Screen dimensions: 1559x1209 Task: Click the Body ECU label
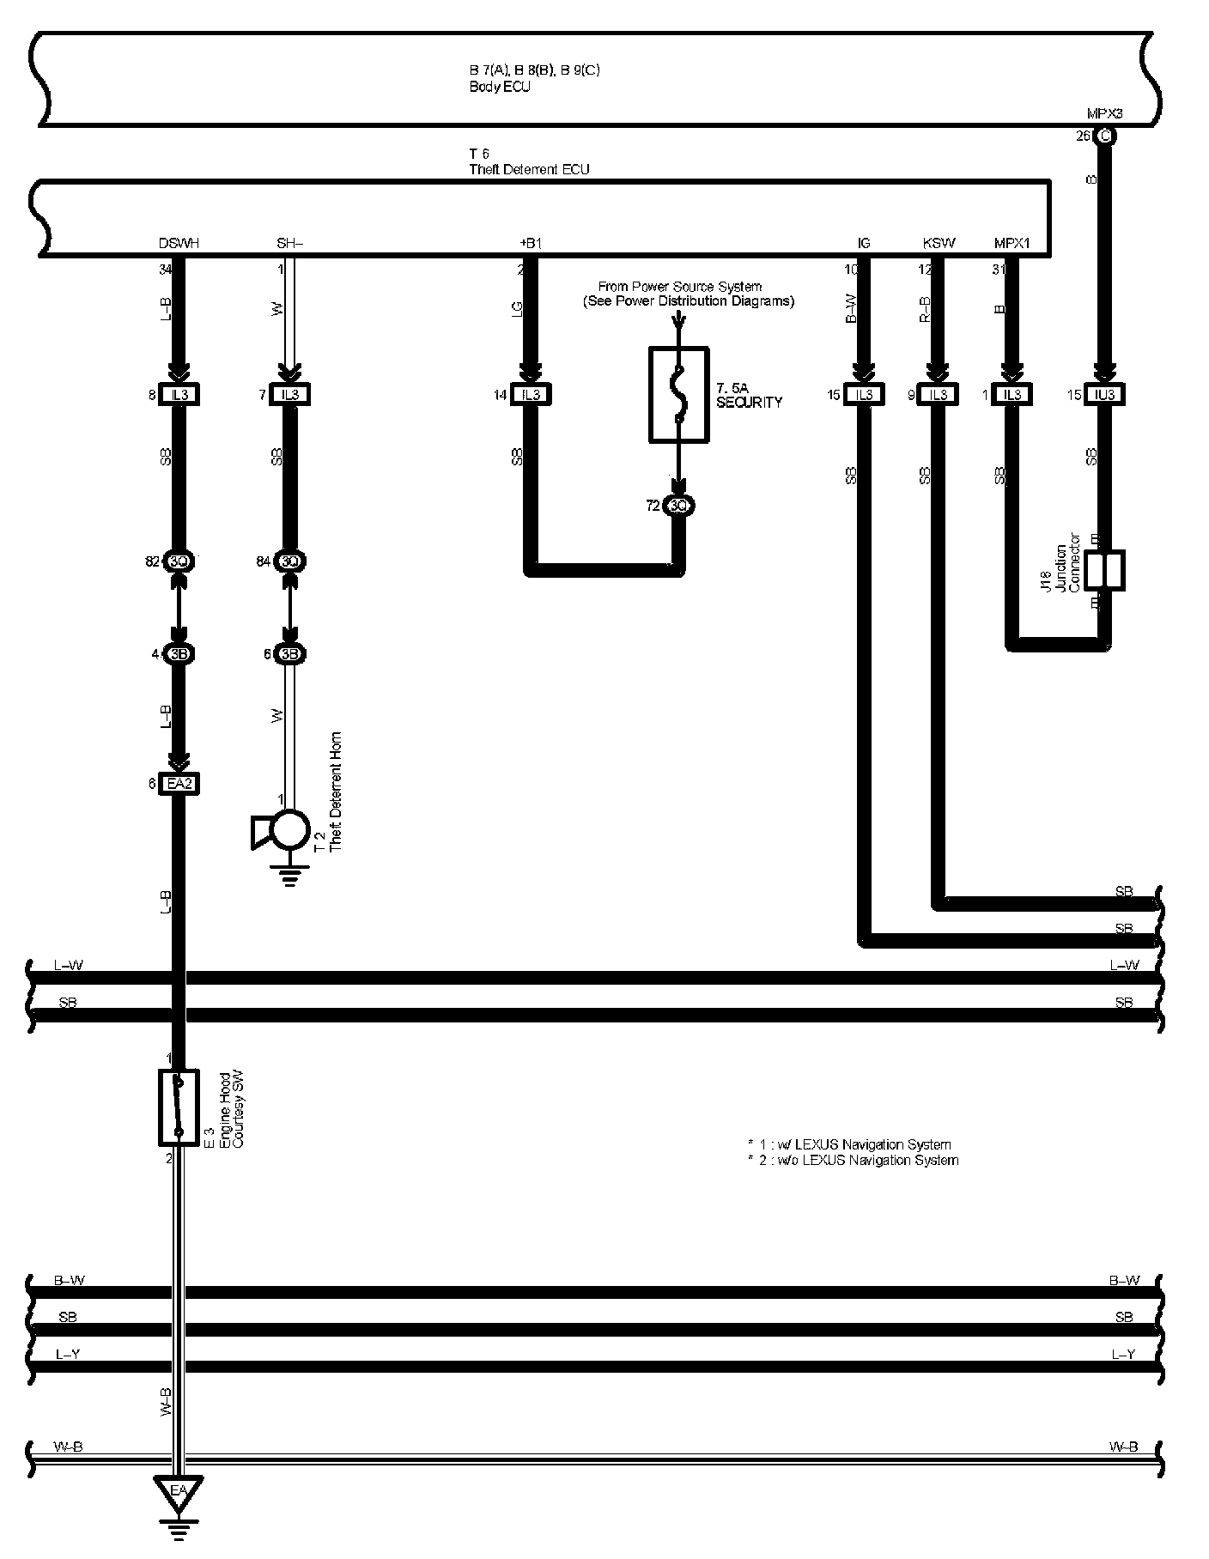coord(500,87)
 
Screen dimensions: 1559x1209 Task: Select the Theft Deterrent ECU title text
coord(529,169)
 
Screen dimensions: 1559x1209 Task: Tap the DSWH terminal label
coord(179,244)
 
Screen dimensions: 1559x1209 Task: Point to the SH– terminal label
coord(290,244)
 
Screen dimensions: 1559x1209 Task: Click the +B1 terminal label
coord(531,244)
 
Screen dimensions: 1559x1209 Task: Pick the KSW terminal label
coord(939,244)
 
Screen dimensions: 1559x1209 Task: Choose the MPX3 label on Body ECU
coord(1104,113)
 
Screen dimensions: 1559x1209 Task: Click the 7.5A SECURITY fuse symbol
coord(678,394)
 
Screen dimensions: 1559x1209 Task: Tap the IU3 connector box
coord(1104,395)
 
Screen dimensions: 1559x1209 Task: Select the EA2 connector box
coord(179,783)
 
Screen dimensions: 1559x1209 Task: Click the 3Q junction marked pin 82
coord(179,561)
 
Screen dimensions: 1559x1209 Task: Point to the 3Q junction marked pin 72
coord(678,506)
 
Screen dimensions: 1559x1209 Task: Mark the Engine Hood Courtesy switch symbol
coord(179,1107)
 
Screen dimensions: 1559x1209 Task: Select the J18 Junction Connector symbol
coord(1104,571)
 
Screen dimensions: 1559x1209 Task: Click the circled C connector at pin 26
coord(1105,136)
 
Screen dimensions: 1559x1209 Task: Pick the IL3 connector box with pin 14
coord(531,395)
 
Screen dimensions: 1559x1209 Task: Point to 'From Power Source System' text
coord(679,286)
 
